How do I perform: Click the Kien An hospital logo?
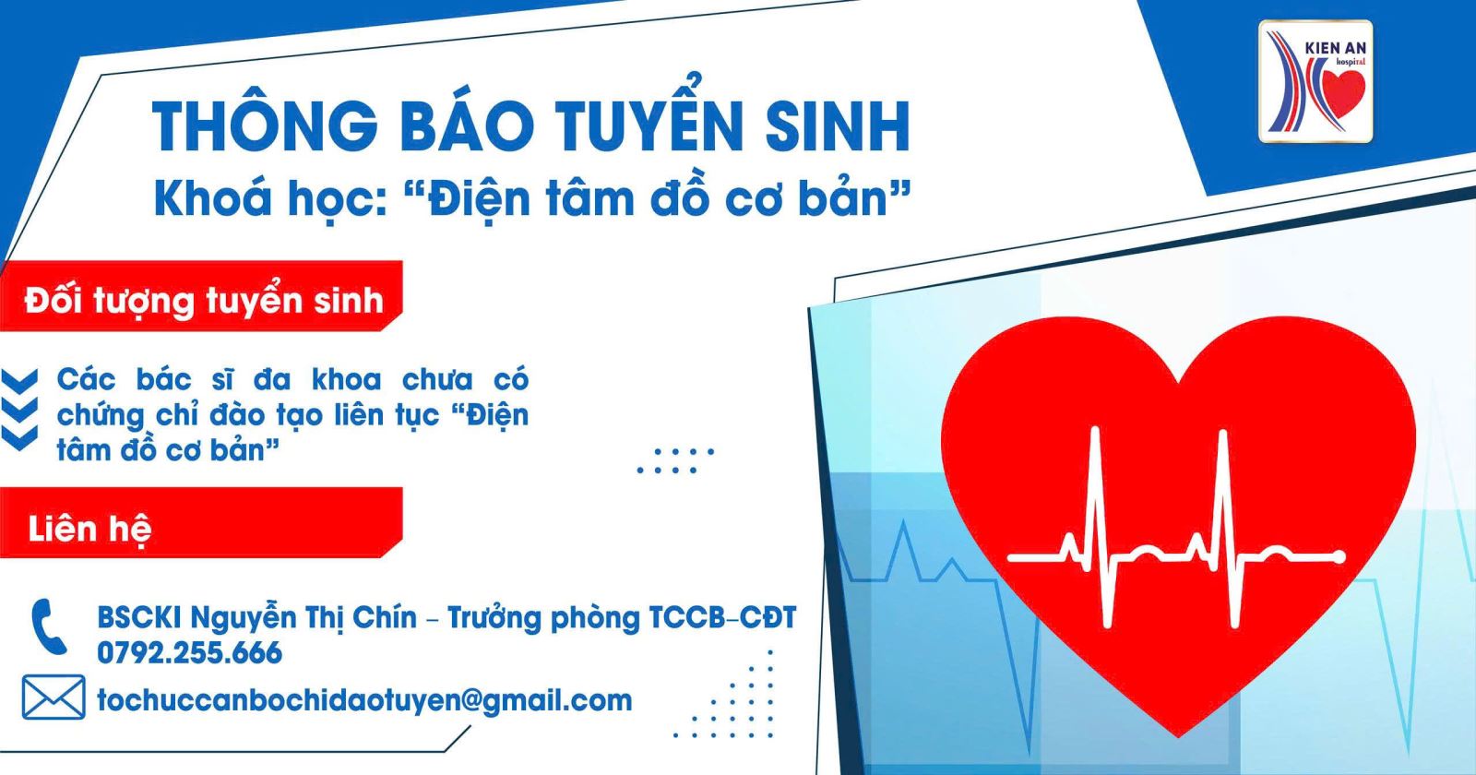tap(1315, 82)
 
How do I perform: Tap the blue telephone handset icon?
tap(49, 626)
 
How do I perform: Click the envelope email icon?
tap(54, 697)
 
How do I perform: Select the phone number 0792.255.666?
tap(190, 653)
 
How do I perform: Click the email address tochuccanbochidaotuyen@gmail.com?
tap(364, 700)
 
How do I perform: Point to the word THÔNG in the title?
tap(266, 125)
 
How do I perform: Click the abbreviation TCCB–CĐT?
tap(723, 617)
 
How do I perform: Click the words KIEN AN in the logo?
tap(1335, 47)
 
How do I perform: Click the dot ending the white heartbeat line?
tap(1339, 557)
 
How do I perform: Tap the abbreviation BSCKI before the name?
tap(140, 617)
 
